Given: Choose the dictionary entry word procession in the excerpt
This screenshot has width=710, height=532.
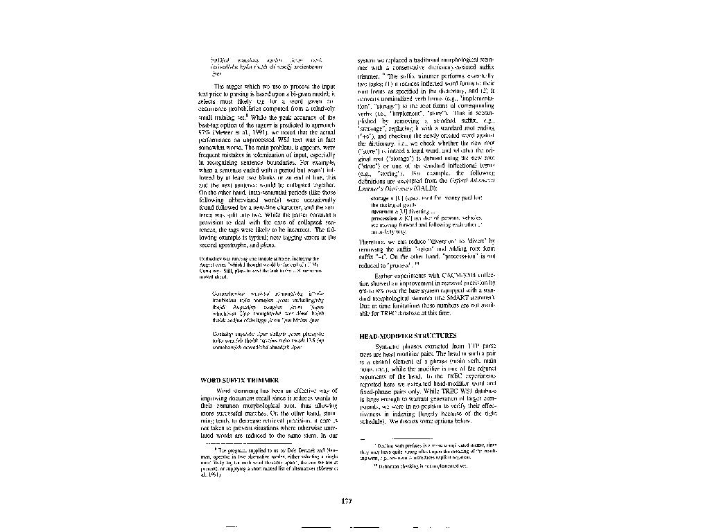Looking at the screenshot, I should (x=386, y=218).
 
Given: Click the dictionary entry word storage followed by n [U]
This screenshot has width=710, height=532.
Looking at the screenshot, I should (x=381, y=197).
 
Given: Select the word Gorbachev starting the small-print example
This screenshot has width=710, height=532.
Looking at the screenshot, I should (x=211, y=257).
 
